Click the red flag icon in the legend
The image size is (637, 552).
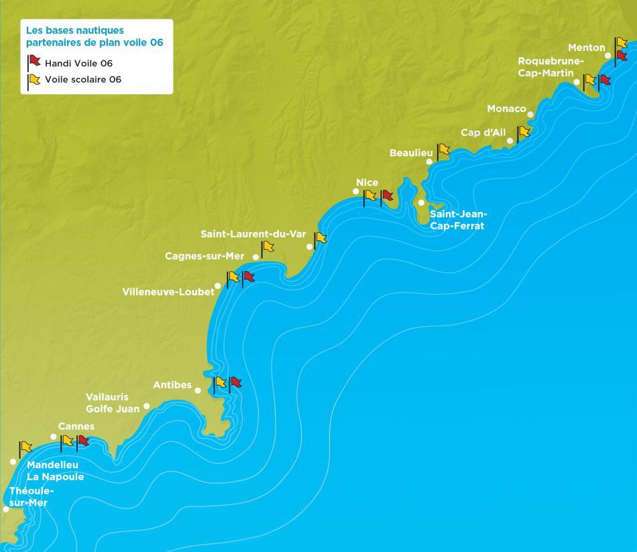pos(34,62)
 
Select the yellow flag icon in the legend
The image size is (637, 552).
pos(34,80)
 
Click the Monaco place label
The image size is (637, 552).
pos(506,109)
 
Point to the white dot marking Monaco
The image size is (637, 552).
pos(530,114)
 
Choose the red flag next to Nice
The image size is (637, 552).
pos(387,196)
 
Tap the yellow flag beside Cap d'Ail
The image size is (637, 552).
pos(524,132)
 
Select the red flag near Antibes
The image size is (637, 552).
pos(235,383)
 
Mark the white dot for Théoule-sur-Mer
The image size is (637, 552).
pos(6,509)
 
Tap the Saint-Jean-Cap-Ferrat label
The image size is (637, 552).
pos(458,220)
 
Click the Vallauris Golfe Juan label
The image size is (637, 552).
pos(113,402)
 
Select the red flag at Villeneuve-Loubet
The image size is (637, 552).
pos(249,277)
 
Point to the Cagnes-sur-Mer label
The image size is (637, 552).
pos(205,256)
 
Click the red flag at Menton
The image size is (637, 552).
pos(622,56)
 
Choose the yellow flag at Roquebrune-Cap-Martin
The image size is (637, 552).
pos(590,80)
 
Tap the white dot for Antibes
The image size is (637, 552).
pos(198,390)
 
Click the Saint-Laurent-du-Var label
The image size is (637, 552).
pos(253,234)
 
